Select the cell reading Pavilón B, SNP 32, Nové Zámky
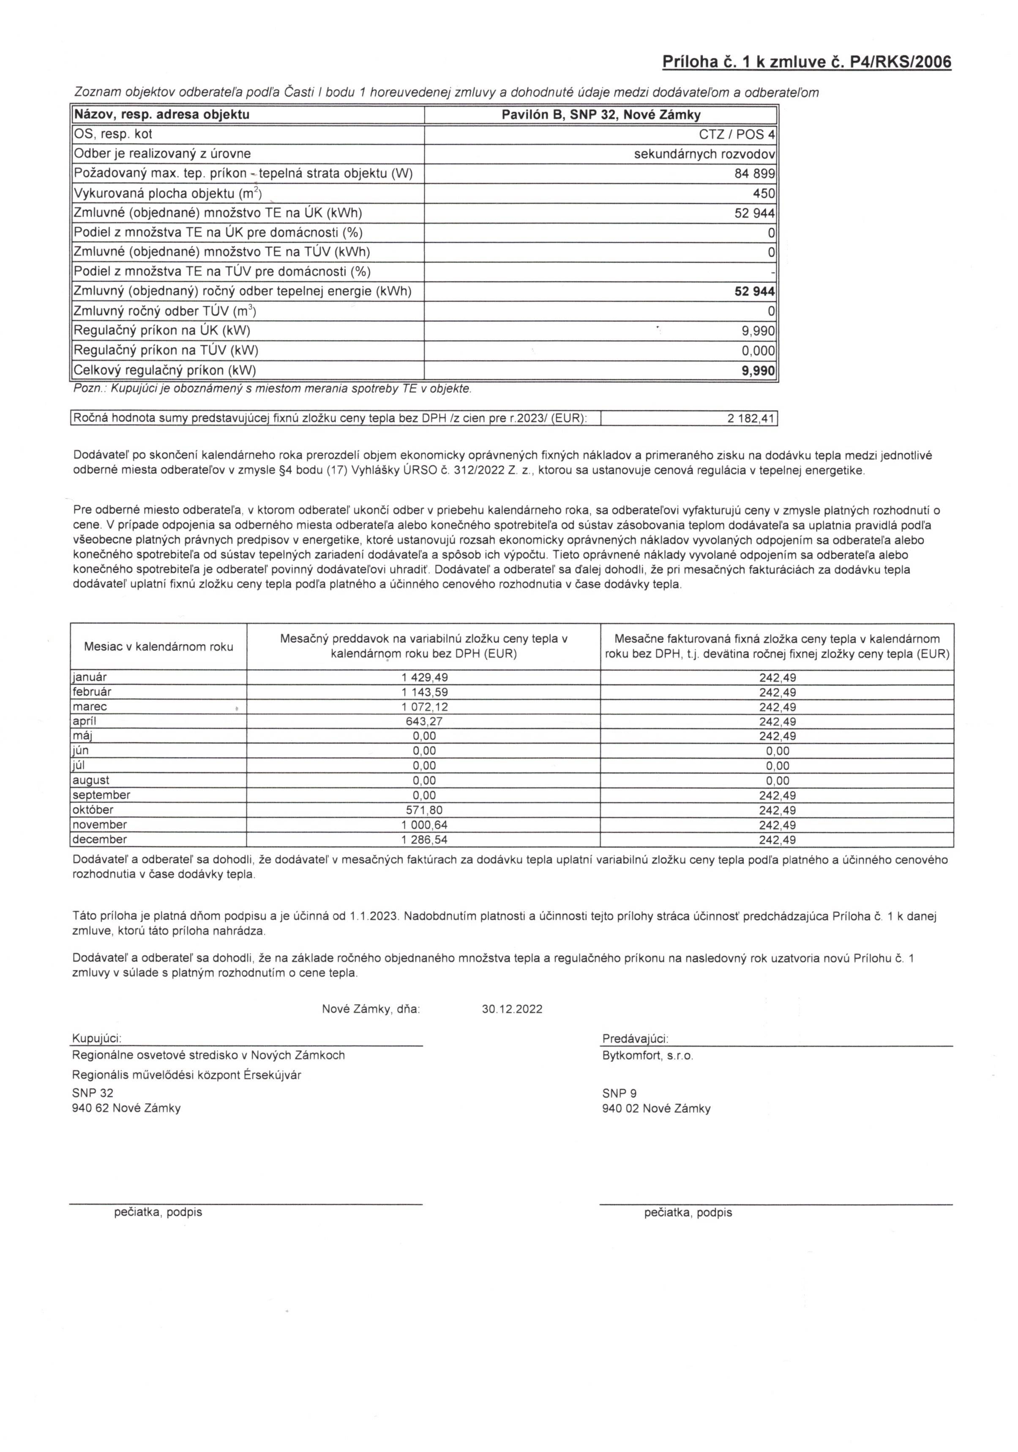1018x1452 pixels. pyautogui.click(x=600, y=115)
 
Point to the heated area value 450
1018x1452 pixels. pyautogui.click(x=764, y=193)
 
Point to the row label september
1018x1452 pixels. pyautogui.click(x=101, y=795)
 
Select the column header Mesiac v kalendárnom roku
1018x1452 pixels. pyautogui.click(x=158, y=646)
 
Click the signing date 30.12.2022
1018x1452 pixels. pyautogui.click(x=512, y=1009)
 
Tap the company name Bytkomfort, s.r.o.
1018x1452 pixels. pyautogui.click(x=647, y=1055)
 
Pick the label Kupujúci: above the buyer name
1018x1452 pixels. pyautogui.click(x=97, y=1038)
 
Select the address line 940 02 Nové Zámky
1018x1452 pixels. pyautogui.click(x=656, y=1109)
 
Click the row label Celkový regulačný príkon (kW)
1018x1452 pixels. pyautogui.click(x=165, y=370)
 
